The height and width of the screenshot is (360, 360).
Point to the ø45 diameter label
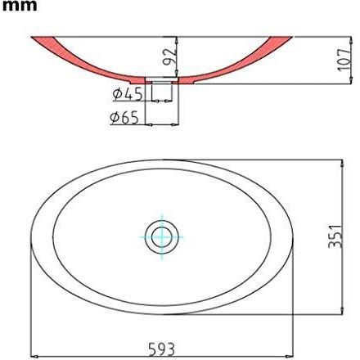tap(128, 94)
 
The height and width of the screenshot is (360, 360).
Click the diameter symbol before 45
tap(119, 94)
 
